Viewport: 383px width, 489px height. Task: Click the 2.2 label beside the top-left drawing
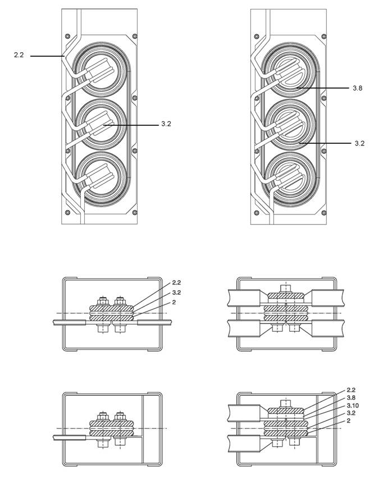click(x=19, y=55)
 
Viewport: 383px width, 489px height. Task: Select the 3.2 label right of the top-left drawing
click(x=166, y=124)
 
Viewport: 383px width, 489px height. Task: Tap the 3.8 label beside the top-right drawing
click(x=358, y=88)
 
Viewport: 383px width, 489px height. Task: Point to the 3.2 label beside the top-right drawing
click(x=359, y=144)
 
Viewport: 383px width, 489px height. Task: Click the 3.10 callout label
click(x=353, y=405)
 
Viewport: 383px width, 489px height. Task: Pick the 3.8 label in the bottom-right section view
click(x=351, y=397)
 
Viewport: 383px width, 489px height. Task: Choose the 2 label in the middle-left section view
click(x=174, y=302)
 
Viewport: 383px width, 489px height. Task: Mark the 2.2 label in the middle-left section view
click(x=176, y=282)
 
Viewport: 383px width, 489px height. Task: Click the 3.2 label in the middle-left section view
click(x=176, y=293)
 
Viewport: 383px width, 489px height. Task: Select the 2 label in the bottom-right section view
click(x=349, y=421)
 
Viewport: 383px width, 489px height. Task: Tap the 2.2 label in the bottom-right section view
click(x=351, y=390)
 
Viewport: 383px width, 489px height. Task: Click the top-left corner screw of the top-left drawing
click(x=68, y=36)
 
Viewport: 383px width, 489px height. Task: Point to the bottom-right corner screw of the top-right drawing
click(x=324, y=213)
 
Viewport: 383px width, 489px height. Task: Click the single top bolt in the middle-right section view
click(x=286, y=288)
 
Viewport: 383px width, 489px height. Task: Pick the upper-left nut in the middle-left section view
click(x=103, y=301)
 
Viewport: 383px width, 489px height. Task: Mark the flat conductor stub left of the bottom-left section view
click(x=70, y=437)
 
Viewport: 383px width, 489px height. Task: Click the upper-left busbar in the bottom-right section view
click(x=244, y=413)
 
